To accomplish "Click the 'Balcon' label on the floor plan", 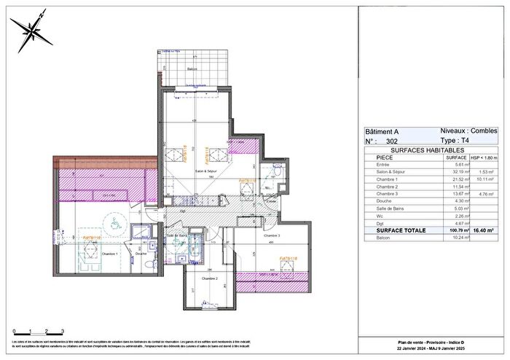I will (192, 69).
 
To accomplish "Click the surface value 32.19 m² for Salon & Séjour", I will (456, 171).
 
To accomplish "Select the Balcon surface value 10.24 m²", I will (456, 238).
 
